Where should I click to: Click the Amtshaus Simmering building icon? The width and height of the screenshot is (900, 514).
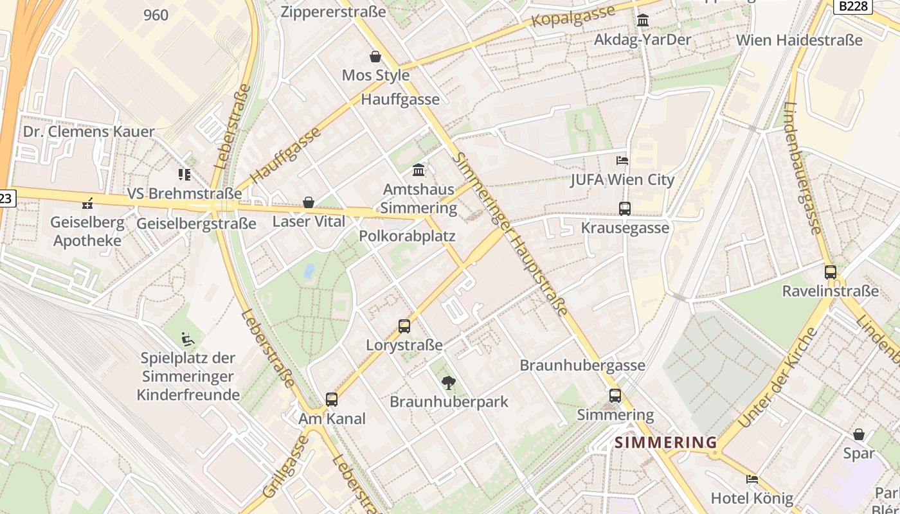click(419, 170)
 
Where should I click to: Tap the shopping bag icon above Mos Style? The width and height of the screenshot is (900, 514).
click(375, 57)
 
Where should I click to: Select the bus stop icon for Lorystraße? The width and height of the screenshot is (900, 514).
click(404, 326)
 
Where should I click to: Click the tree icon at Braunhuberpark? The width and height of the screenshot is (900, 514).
click(449, 383)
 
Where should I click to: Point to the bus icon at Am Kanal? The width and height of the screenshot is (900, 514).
click(331, 399)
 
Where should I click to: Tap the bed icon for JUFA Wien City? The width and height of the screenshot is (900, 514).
click(622, 160)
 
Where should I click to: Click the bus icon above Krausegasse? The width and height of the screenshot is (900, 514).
click(624, 208)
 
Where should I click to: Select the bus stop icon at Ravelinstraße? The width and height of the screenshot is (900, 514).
click(830, 272)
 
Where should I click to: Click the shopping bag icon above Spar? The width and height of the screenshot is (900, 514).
click(858, 434)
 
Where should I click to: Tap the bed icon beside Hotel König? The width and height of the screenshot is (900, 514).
click(751, 479)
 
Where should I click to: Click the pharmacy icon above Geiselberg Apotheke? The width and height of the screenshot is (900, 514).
click(87, 204)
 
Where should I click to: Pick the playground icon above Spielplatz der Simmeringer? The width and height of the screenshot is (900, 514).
click(188, 339)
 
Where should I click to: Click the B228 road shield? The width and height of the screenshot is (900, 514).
click(854, 6)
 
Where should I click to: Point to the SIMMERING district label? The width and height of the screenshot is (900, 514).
click(665, 442)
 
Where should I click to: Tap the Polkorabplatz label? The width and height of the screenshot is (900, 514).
click(407, 236)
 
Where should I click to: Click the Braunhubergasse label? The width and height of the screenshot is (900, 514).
click(582, 365)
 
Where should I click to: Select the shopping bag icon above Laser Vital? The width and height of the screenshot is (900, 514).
click(309, 202)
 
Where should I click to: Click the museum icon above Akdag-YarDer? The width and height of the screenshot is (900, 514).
click(642, 21)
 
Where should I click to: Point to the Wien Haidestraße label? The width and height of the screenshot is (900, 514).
click(799, 40)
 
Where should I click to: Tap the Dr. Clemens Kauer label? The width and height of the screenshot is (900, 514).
click(89, 132)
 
